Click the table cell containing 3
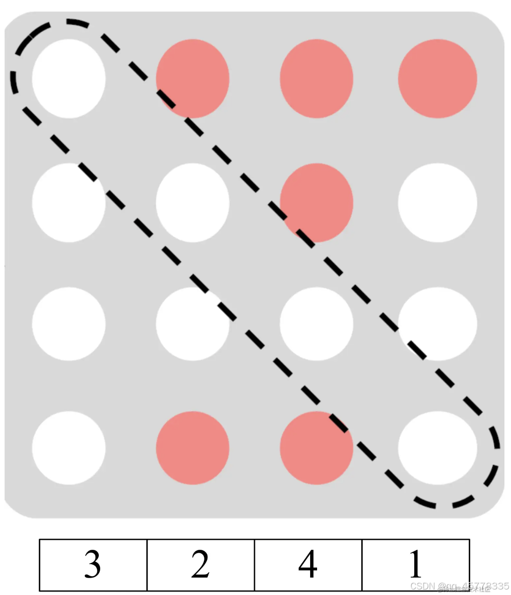click(93, 565)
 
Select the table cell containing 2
click(200, 565)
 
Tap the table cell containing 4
click(308, 565)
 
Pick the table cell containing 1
click(416, 565)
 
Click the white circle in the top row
click(69, 78)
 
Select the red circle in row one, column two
click(192, 78)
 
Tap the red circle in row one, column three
click(317, 78)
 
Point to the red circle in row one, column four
click(438, 78)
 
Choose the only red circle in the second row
click(317, 202)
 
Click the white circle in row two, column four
click(438, 202)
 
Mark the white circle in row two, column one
click(69, 202)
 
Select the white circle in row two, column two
click(192, 202)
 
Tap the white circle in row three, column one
click(69, 324)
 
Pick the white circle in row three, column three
click(317, 324)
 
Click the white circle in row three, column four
click(438, 324)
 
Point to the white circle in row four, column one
click(69, 447)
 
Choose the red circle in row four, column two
click(192, 447)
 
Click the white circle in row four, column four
click(438, 447)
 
